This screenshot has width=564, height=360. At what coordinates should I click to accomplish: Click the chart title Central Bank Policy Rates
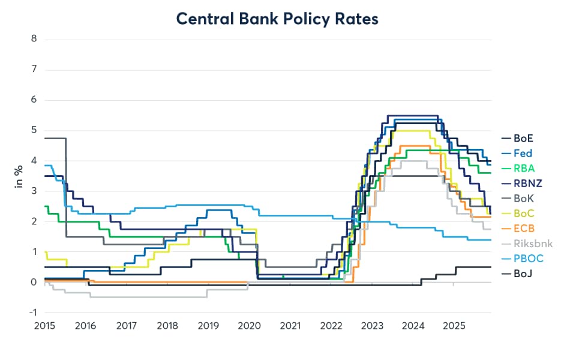coord(277,19)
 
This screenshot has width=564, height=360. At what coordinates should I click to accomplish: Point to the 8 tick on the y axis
coord(34,39)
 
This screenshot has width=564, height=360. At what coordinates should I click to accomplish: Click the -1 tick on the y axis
coord(32,313)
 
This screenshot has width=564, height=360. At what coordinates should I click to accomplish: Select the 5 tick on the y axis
coord(34,130)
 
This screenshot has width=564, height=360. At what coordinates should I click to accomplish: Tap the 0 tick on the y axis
coord(34,282)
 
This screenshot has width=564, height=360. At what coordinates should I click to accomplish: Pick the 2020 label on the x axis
coord(249,326)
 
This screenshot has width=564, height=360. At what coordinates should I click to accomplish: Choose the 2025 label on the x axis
coord(454,326)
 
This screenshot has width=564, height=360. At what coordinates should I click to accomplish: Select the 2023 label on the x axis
coord(372,326)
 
